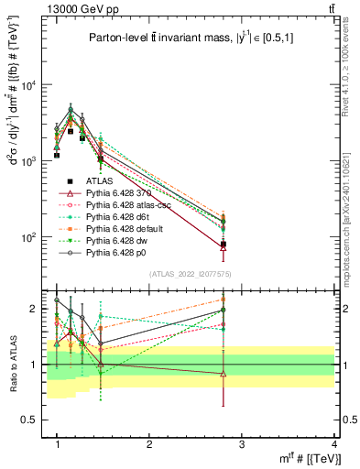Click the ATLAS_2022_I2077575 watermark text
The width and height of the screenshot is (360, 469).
198,274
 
